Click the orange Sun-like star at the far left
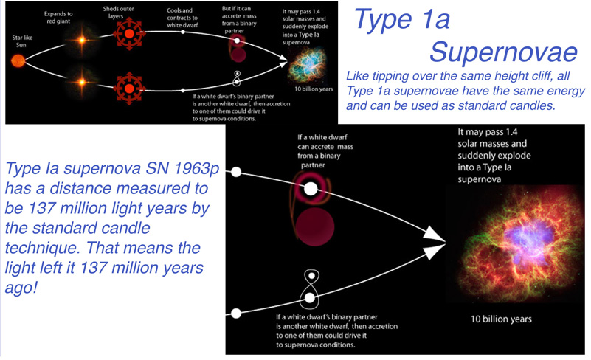pos(18,60)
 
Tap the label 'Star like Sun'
pos(22,41)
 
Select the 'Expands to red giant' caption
pos(58,18)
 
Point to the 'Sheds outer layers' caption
pos(118,13)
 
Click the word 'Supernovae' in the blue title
pos(503,52)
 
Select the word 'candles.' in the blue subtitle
pos(533,105)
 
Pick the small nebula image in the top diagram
pos(307,66)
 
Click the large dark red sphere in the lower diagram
pos(315,227)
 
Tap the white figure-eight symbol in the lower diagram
pos(310,289)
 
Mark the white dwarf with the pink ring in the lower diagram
pos(311,188)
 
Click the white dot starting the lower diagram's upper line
pos(236,173)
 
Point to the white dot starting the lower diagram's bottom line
pos(236,314)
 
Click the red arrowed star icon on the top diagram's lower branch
pos(129,89)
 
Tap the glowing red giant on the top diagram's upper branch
pos(81,40)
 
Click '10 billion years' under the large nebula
pos(501,319)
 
